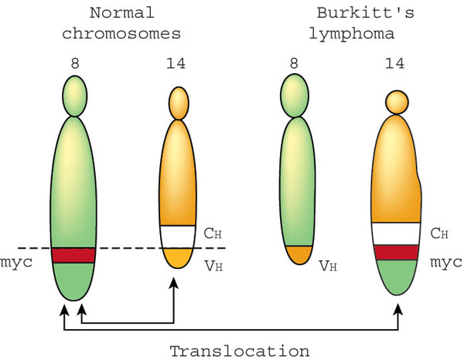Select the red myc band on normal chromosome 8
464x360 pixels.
73,255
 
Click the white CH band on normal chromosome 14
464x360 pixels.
179,235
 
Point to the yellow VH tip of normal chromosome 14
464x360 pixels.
179,256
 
